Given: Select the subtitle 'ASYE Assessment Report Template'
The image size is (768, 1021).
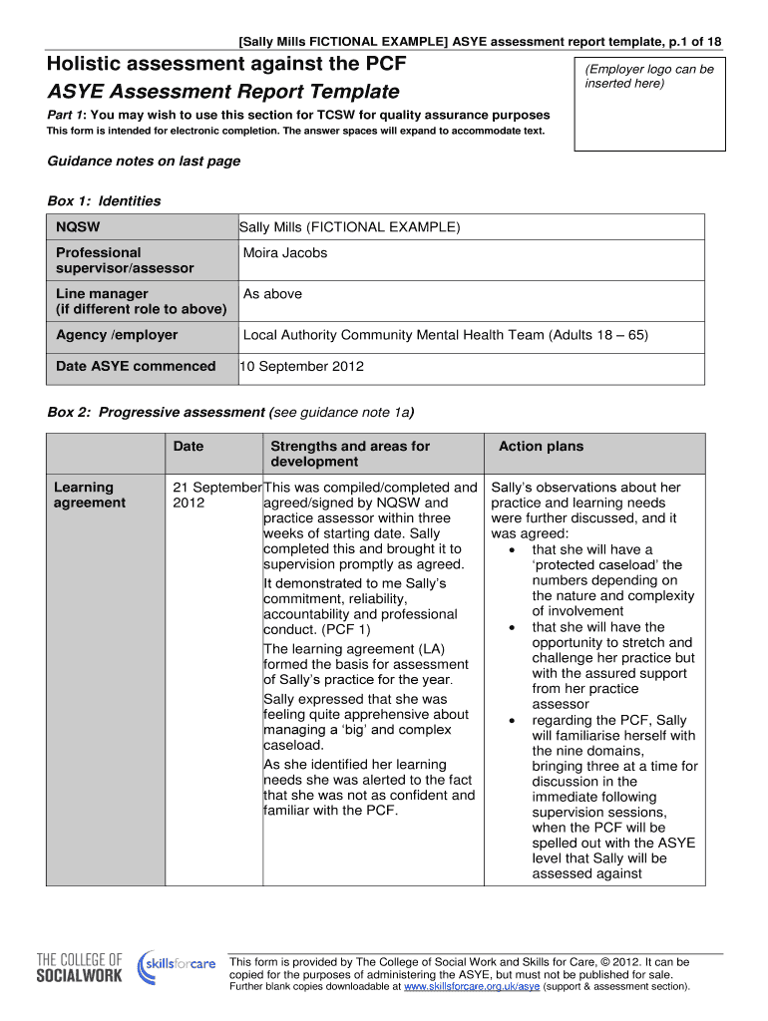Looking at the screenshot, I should (223, 93).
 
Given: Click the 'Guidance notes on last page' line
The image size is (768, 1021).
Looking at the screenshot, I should (144, 162).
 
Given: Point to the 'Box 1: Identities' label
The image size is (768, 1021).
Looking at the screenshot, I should (104, 201).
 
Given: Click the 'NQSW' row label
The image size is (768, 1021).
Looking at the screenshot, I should (78, 227).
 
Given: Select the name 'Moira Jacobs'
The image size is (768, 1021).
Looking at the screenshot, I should (285, 253).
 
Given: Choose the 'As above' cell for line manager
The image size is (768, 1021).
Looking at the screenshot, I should (272, 294).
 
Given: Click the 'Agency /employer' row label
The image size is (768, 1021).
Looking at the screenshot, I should (117, 335).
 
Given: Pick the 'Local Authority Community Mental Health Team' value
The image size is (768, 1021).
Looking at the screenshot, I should (445, 335).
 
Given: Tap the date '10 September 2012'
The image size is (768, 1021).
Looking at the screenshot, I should (301, 366).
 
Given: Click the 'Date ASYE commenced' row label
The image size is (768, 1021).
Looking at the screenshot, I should (136, 366).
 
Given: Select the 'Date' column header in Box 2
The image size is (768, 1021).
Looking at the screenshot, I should (188, 447).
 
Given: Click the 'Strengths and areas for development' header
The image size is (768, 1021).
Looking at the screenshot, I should (350, 454).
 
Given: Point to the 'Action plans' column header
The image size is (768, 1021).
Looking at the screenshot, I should (541, 447).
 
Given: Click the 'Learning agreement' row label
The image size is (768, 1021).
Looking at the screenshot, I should (90, 495).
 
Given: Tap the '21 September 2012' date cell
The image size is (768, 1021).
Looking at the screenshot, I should (213, 495).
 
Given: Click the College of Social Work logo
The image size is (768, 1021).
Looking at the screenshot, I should (80, 967).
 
